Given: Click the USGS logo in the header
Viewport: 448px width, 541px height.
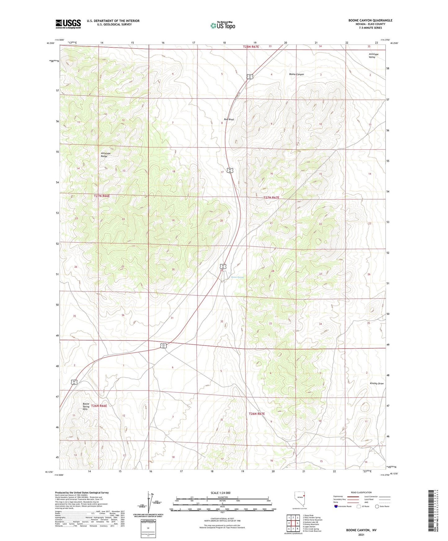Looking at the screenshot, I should [68, 24].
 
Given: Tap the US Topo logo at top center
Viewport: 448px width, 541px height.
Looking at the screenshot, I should [222, 25].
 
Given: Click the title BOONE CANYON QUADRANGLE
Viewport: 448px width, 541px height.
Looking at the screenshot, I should [370, 20].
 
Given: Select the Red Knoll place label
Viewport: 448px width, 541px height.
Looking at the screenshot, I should [229, 119].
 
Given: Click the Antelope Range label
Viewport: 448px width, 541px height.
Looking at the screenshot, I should [104, 155].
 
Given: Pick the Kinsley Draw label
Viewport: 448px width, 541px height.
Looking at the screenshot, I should [377, 384].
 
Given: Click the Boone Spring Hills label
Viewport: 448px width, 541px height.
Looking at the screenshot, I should [86, 407].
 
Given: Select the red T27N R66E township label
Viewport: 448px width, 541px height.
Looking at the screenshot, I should [102, 196].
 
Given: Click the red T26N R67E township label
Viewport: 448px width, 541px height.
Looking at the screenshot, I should [257, 414].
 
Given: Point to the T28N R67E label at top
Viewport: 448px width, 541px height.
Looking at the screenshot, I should [251, 46].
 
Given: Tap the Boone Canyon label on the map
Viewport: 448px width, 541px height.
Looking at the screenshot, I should [296, 74].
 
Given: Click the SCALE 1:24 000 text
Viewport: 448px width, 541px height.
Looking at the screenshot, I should [220, 493].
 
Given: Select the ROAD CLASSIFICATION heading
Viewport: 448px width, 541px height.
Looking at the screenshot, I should [361, 492].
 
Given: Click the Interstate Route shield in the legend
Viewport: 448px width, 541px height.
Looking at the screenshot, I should [336, 506].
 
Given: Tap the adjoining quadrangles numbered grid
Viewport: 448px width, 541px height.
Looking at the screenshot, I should [293, 523].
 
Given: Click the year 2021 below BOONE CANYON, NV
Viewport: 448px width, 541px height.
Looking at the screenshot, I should [361, 535].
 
